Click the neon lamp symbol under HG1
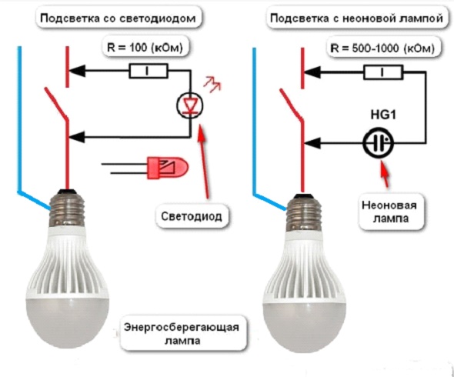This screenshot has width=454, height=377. click(379, 142)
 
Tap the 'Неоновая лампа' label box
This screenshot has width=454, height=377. click(382, 213)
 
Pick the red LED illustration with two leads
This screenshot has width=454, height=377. click(158, 166)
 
